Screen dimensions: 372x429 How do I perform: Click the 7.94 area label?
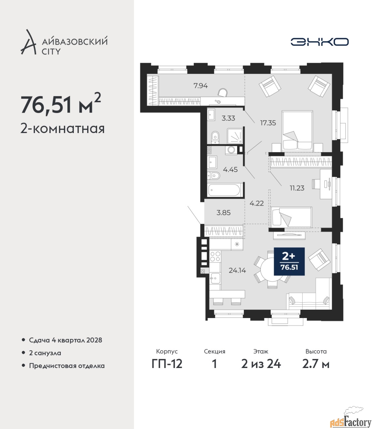[x=201, y=86]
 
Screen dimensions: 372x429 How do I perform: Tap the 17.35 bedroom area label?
[x=268, y=123]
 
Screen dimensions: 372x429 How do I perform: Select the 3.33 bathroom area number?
[x=228, y=118]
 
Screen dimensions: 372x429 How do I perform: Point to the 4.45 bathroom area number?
[x=230, y=170]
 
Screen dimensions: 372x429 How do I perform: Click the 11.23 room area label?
[x=297, y=188]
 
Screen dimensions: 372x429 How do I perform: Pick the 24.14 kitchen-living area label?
[x=237, y=270]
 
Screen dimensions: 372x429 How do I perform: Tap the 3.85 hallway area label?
[x=223, y=213]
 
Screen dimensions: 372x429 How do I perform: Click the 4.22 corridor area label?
[x=257, y=203]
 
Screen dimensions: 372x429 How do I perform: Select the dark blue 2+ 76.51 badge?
[x=289, y=261]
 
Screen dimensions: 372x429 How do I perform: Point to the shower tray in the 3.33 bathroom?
[x=234, y=136]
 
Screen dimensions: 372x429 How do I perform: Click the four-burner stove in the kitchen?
[x=215, y=256]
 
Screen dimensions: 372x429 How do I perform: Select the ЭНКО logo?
[x=319, y=42]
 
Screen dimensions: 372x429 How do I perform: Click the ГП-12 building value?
[x=167, y=364]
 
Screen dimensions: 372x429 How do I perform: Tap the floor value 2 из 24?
[x=261, y=364]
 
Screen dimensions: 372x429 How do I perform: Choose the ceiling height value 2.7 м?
[x=316, y=364]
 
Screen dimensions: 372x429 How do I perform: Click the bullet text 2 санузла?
[x=45, y=353]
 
